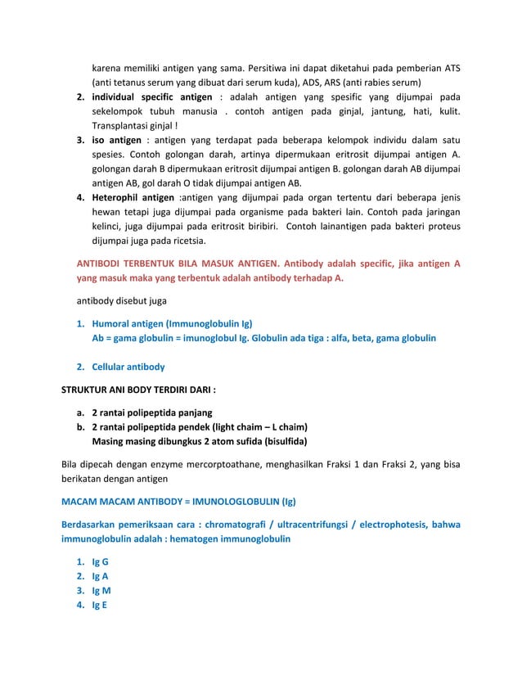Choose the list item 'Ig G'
pos(100,562)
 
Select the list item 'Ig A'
pos(100,577)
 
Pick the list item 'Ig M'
pos(101,591)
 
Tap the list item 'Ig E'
pos(100,606)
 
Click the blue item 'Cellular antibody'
pos(128,367)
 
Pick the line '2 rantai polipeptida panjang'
pos(151,412)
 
